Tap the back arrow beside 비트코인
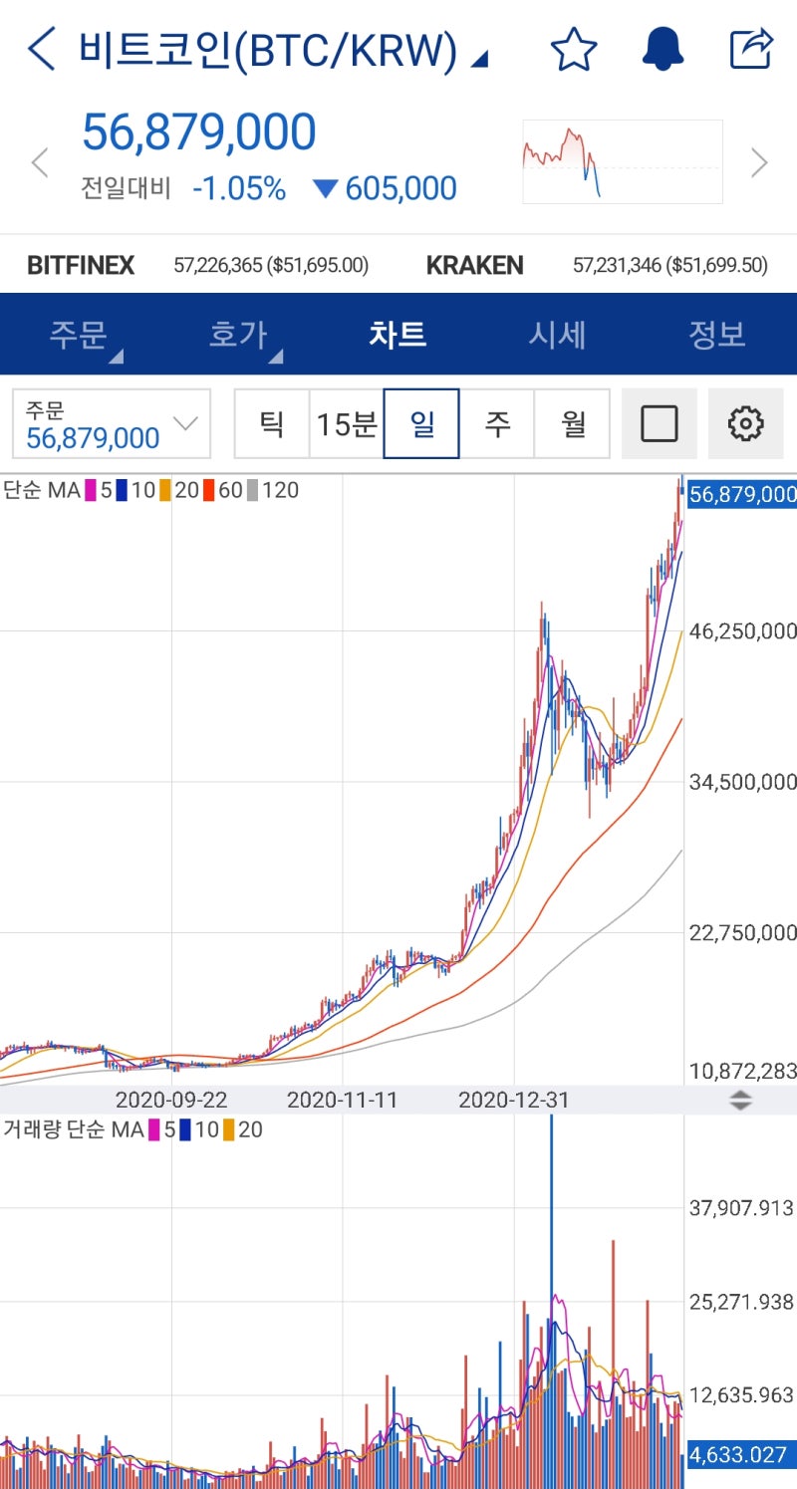42,49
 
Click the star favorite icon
574,49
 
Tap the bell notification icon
663,49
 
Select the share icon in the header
751,49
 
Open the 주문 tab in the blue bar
79,335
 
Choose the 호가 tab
238,335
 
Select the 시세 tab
557,335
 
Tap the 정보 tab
716,335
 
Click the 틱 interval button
271,424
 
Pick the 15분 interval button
346,424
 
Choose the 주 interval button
496,424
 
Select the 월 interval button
572,424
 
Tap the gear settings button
745,424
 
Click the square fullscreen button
659,424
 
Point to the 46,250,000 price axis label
742,630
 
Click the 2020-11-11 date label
342,1100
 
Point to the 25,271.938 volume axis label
741,1302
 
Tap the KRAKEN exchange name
474,265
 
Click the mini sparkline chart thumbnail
623,161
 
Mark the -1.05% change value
239,188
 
